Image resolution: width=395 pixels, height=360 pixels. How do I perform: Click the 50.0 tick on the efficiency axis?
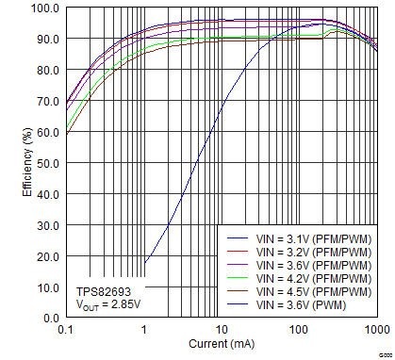[x=47, y=163]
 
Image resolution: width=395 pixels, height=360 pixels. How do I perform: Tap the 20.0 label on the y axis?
[x=47, y=256]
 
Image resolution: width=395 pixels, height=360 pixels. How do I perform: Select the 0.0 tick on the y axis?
[x=50, y=319]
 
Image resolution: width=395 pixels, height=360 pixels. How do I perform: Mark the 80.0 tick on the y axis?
[x=47, y=70]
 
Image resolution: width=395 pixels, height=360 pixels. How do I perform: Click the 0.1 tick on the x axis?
[x=66, y=330]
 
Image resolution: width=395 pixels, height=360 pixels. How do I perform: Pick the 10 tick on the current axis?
[x=222, y=330]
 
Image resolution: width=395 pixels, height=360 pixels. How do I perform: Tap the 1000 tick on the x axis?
[x=374, y=330]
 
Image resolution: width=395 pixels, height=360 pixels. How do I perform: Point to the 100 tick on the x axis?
[x=299, y=330]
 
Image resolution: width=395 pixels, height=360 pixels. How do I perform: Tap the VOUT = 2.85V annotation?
[x=107, y=305]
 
